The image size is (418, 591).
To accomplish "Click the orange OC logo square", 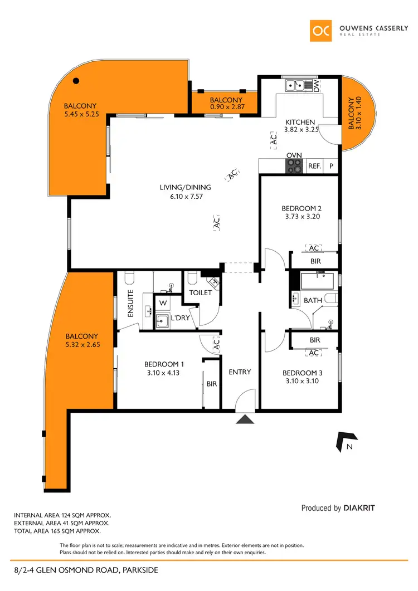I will (x=323, y=31).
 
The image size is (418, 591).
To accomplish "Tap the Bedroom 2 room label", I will (x=302, y=209).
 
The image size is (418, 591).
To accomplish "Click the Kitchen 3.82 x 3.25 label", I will (x=300, y=126).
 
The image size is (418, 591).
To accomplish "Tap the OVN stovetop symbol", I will (x=294, y=165).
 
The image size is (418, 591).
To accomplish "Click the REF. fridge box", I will (x=315, y=165).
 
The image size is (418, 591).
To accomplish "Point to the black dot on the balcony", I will (x=76, y=81).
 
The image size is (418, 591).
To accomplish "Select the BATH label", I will (x=313, y=300).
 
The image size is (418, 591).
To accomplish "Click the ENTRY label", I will (x=240, y=372).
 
